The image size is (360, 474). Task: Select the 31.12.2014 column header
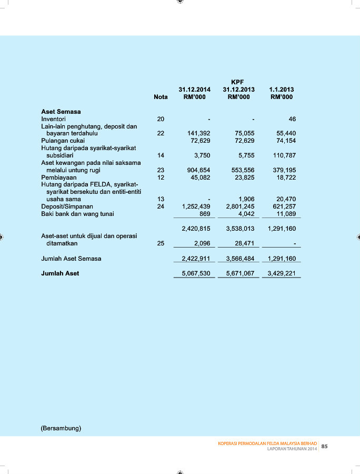tap(194, 90)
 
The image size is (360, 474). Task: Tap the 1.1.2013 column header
tap(282, 90)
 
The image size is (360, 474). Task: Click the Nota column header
tap(161, 97)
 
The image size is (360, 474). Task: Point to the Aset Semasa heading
tap(61, 112)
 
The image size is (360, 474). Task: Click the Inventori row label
tap(53, 119)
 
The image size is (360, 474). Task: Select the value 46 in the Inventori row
tap(292, 119)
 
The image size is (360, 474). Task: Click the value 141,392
tap(199, 134)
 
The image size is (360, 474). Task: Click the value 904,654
tap(199, 171)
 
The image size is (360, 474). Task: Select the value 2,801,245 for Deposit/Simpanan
tap(240, 206)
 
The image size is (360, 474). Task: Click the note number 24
tap(161, 206)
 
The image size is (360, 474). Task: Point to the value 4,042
tap(246, 214)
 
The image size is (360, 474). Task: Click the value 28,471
tap(244, 243)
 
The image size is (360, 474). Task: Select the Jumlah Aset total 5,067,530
tap(196, 273)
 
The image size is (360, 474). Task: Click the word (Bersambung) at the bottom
tap(61, 428)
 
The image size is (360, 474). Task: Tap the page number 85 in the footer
tap(324, 446)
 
